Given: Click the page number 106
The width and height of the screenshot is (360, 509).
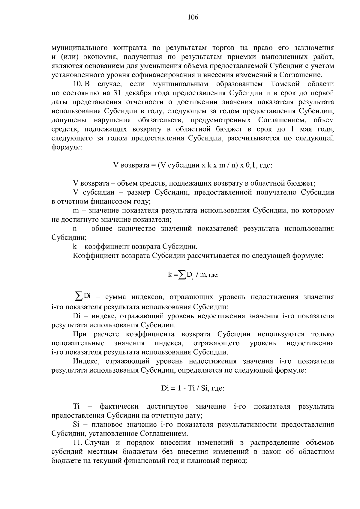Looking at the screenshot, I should tap(193, 17).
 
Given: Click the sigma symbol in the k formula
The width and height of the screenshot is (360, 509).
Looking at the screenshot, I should tap(181, 275).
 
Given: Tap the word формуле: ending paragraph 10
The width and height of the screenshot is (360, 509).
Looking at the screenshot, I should tap(65, 147).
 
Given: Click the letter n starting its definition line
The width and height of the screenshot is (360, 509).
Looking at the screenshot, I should tap(75, 229).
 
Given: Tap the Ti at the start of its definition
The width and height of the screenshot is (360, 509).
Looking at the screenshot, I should tap(76, 406).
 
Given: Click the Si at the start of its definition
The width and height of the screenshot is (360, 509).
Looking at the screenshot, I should tap(76, 424).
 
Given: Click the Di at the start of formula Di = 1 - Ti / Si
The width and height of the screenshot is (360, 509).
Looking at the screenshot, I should tap(165, 388).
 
